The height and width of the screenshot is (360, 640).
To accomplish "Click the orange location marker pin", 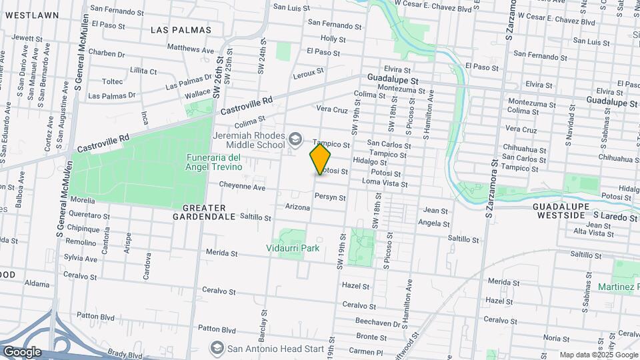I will (320, 159).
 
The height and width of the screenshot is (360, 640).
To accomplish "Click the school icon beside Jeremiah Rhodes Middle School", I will (295, 140).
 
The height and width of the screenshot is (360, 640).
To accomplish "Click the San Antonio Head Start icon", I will (217, 348).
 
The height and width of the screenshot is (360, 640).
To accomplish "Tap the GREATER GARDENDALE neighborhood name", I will (204, 212).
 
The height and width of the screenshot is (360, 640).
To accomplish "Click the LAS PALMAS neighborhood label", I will (181, 30).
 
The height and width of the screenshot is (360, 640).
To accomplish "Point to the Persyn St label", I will (330, 197).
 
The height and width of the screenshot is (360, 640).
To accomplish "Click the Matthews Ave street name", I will (191, 49).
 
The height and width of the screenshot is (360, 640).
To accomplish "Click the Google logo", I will (21, 352).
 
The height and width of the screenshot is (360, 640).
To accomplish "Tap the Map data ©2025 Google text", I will (597, 355).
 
